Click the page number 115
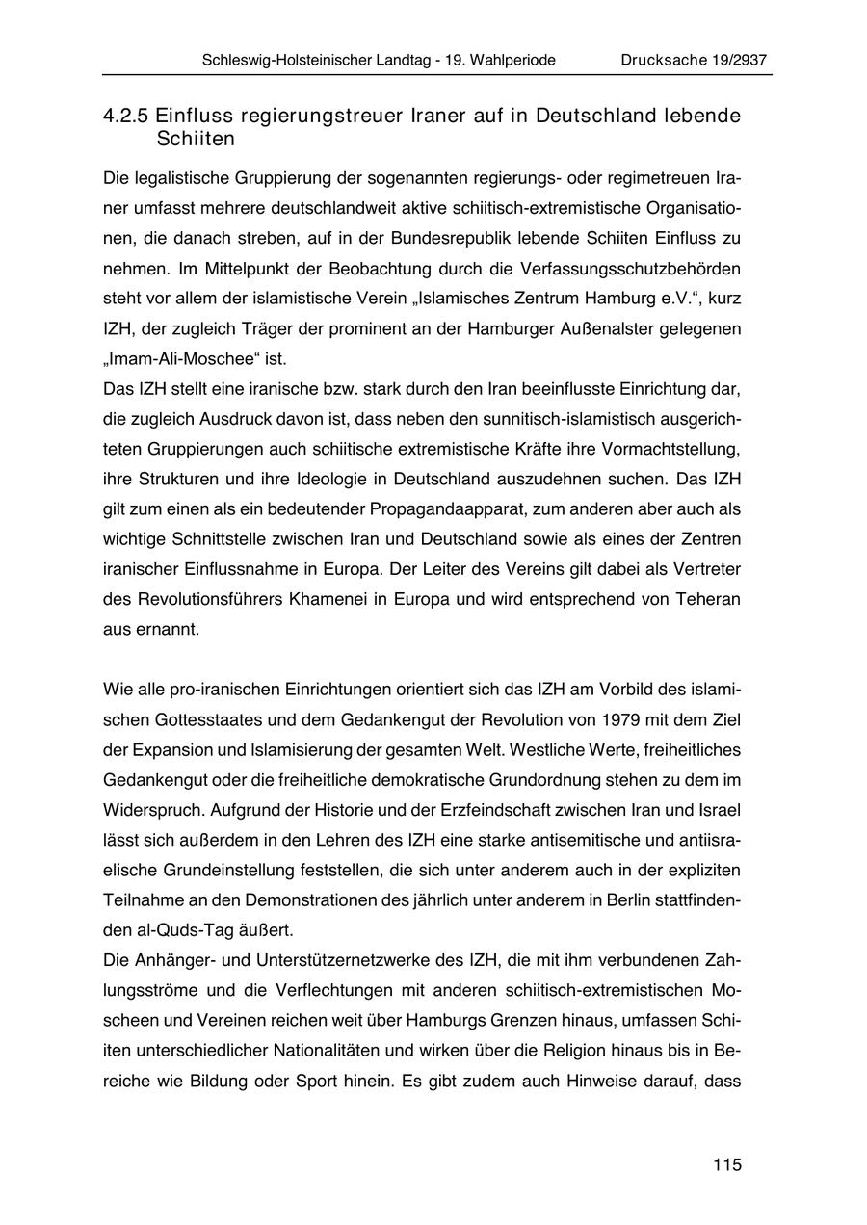coord(727,1164)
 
